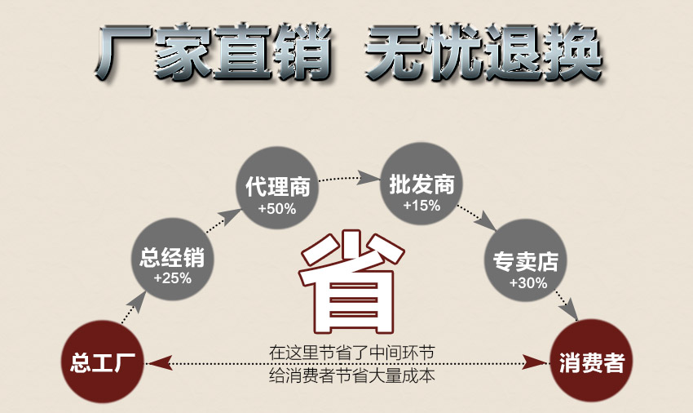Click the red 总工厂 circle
click(x=102, y=362)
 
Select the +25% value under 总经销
click(x=172, y=278)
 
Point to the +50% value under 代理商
click(x=277, y=208)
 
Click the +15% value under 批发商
click(x=422, y=206)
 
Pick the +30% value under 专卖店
click(x=528, y=282)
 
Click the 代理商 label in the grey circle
click(x=278, y=186)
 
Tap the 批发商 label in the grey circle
click(x=422, y=184)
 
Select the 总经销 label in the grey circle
click(x=172, y=257)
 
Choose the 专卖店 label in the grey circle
click(x=526, y=261)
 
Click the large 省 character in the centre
click(x=352, y=282)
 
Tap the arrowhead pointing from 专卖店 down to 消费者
click(x=571, y=309)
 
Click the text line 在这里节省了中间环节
click(x=352, y=353)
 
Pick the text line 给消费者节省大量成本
click(x=352, y=375)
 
